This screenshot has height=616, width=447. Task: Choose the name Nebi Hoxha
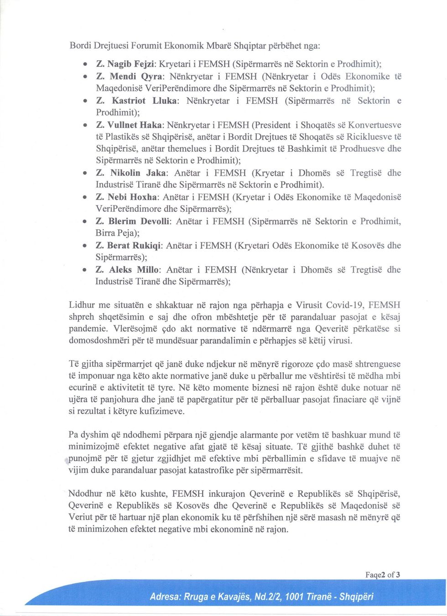click(x=133, y=197)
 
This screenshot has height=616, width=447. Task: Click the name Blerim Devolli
click(x=140, y=221)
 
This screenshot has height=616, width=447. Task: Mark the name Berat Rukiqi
click(x=135, y=246)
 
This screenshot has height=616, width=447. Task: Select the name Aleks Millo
click(x=135, y=270)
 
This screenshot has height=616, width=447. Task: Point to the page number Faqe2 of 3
click(x=383, y=574)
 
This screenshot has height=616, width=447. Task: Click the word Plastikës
click(x=123, y=137)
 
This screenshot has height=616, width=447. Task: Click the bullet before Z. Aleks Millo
click(x=84, y=270)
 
